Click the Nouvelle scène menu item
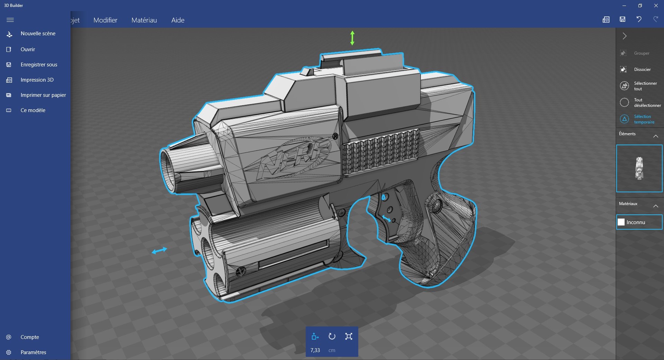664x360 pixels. tap(38, 34)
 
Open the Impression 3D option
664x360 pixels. tap(37, 80)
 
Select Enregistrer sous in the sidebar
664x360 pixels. tap(38, 65)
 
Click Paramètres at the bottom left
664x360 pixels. tap(33, 352)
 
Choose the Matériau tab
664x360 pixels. tap(144, 20)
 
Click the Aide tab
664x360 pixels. tap(178, 20)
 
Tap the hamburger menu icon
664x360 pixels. tap(10, 20)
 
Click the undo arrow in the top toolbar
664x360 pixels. tap(639, 19)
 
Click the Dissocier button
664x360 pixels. tap(642, 70)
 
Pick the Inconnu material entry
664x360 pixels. tap(639, 222)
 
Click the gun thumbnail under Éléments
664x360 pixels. tap(639, 168)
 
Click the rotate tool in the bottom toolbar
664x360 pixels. tap(332, 336)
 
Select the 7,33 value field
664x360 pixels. tap(315, 350)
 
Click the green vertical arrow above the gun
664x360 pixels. tap(352, 38)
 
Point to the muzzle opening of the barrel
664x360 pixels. tap(169, 170)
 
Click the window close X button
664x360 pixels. tap(656, 6)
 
